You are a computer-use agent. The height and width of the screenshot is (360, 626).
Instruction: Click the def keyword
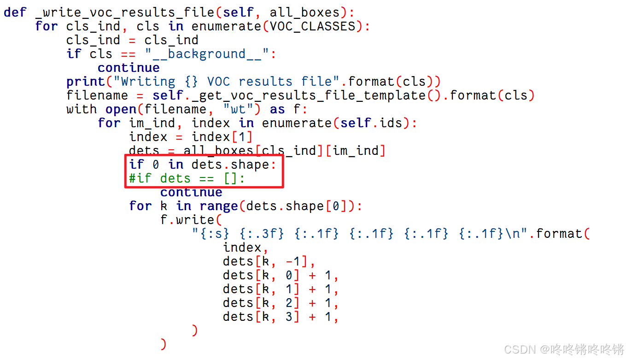tap(15, 12)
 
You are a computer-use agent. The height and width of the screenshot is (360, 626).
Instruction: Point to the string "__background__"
tap(207, 54)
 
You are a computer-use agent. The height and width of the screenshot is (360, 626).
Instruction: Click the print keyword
tap(85, 82)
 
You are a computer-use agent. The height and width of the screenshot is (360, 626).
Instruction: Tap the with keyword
tap(81, 109)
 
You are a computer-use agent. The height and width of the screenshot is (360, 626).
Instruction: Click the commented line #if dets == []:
tap(187, 178)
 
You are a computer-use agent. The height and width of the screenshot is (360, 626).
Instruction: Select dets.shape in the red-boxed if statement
tap(230, 165)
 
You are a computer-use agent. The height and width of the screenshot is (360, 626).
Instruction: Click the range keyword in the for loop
tap(219, 206)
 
